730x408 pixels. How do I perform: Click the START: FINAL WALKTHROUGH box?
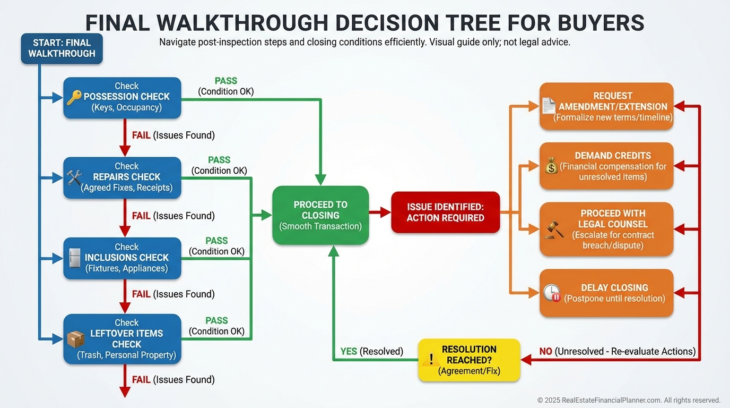pyautogui.click(x=62, y=48)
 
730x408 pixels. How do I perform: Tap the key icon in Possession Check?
pyautogui.click(x=74, y=97)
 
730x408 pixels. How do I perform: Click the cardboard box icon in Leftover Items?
pyautogui.click(x=76, y=339)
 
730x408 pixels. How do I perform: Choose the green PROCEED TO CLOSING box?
pyautogui.click(x=320, y=215)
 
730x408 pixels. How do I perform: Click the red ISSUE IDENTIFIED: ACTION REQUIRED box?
pyautogui.click(x=445, y=212)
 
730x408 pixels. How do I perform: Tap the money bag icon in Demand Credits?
pyautogui.click(x=551, y=167)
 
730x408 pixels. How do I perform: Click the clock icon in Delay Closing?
pyautogui.click(x=552, y=293)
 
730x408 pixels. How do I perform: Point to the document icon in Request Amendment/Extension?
pyautogui.click(x=548, y=106)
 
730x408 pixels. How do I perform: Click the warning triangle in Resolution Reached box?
pyautogui.click(x=431, y=360)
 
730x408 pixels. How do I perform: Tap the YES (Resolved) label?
pyautogui.click(x=371, y=352)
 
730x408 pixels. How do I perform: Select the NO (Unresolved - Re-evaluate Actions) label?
pyautogui.click(x=617, y=352)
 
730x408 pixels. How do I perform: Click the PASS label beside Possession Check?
pyautogui.click(x=226, y=81)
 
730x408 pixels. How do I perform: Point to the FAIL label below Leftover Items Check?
pyautogui.click(x=141, y=380)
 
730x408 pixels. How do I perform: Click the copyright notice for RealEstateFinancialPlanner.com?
pyautogui.click(x=629, y=400)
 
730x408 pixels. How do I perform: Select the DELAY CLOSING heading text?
pyautogui.click(x=614, y=287)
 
